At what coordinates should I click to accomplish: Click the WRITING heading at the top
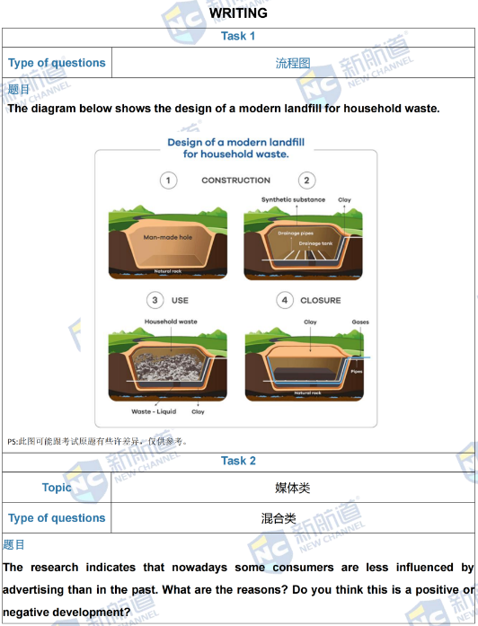pyautogui.click(x=238, y=13)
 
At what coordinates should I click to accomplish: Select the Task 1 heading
pyautogui.click(x=238, y=36)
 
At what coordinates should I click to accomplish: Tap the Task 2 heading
pyautogui.click(x=238, y=461)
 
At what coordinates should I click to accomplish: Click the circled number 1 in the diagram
pyautogui.click(x=168, y=181)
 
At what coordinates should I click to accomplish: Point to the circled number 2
pyautogui.click(x=306, y=181)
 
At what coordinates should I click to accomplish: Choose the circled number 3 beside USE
pyautogui.click(x=155, y=300)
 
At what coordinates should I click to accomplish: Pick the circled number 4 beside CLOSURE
pyautogui.click(x=285, y=300)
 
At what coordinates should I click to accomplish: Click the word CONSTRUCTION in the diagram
pyautogui.click(x=235, y=181)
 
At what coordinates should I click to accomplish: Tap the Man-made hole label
pyautogui.click(x=168, y=237)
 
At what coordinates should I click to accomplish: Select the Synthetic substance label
pyautogui.click(x=293, y=199)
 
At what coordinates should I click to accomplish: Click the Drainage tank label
pyautogui.click(x=315, y=243)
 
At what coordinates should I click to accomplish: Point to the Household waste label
pyautogui.click(x=171, y=322)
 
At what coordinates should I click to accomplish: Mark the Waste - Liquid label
pyautogui.click(x=154, y=411)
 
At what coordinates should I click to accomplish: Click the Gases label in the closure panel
pyautogui.click(x=360, y=322)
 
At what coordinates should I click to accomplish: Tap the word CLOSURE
pyautogui.click(x=321, y=300)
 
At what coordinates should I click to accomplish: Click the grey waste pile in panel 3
pyautogui.click(x=168, y=366)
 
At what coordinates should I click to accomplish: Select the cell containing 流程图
pyautogui.click(x=293, y=63)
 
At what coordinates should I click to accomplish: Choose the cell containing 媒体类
pyautogui.click(x=293, y=488)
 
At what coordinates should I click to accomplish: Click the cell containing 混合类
pyautogui.click(x=293, y=518)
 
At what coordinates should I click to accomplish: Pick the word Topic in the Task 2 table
pyautogui.click(x=57, y=488)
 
